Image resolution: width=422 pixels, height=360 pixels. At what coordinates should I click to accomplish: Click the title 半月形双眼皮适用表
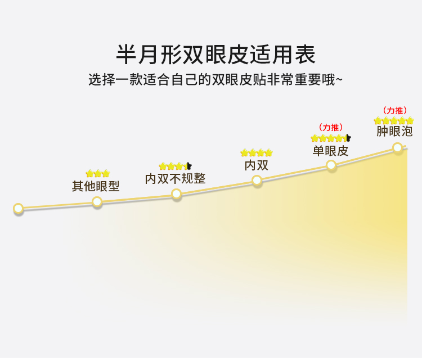click(216, 55)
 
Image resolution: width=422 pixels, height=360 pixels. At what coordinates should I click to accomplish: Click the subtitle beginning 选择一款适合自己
click(216, 79)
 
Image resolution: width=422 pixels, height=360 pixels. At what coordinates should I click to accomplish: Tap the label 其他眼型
click(96, 186)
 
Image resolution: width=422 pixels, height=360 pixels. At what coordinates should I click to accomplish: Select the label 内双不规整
click(175, 178)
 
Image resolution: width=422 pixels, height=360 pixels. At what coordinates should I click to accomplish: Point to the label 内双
click(256, 165)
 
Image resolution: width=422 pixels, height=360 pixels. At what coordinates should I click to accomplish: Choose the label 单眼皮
click(330, 150)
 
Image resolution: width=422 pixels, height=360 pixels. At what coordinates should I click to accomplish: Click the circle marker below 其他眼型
click(97, 201)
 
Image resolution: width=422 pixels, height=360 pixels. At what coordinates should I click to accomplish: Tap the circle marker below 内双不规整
click(177, 194)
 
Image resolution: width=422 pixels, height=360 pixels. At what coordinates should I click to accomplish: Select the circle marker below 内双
click(257, 180)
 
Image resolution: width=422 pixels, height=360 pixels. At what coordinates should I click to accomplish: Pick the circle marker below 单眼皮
click(331, 165)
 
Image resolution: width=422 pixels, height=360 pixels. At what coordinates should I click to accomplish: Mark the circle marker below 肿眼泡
click(397, 148)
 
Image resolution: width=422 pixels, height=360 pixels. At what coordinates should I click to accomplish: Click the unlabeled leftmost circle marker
click(18, 209)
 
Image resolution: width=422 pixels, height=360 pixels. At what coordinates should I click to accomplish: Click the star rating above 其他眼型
click(98, 173)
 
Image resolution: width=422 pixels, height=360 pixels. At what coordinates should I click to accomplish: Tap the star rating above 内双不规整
click(175, 166)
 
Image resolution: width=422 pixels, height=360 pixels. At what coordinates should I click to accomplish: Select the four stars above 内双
click(257, 152)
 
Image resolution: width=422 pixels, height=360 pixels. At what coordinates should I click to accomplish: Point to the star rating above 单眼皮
click(331, 138)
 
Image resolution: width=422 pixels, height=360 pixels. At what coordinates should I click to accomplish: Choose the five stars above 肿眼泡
click(394, 120)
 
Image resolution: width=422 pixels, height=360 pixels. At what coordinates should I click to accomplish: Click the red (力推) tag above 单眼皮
click(331, 128)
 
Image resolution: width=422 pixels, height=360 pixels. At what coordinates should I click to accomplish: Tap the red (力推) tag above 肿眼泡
click(394, 110)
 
